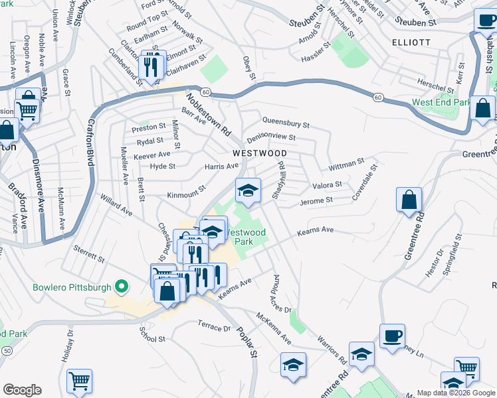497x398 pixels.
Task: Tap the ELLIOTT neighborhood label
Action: point(431,42)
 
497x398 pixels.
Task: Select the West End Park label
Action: point(441,103)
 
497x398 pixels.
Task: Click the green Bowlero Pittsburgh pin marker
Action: point(121,287)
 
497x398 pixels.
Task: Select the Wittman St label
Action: point(346,161)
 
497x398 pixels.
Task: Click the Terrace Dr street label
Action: point(213,328)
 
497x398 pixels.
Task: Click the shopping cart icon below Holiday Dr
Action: point(80,381)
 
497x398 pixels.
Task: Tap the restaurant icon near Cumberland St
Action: point(153,66)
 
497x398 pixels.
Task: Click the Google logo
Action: point(22,390)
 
